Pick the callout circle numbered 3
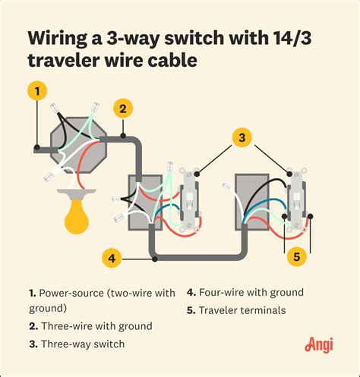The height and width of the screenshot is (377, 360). pos(241,137)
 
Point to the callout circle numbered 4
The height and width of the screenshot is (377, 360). pos(112,258)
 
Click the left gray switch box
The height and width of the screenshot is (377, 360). pos(144,199)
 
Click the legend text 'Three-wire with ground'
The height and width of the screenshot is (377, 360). pos(93,326)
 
